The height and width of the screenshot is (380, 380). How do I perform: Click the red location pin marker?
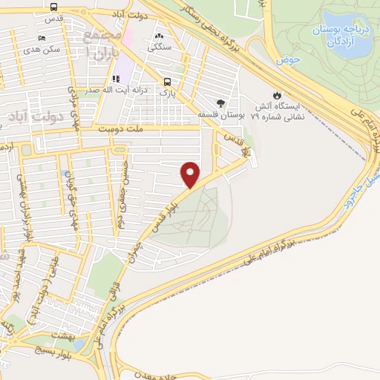pyautogui.click(x=191, y=175)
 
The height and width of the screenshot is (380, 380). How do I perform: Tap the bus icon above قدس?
pyautogui.click(x=54, y=7)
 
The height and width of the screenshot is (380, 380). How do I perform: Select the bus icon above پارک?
pyautogui.click(x=167, y=83)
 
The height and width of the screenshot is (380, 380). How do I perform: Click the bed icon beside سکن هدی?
pyautogui.click(x=42, y=38)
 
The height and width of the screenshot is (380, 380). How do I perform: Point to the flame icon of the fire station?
pyautogui.click(x=277, y=96)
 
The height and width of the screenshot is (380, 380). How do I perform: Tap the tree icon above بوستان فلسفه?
pyautogui.click(x=220, y=103)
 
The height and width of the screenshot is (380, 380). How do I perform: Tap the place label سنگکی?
pyautogui.click(x=160, y=47)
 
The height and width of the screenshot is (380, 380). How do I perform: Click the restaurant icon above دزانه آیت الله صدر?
pyautogui.click(x=116, y=78)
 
